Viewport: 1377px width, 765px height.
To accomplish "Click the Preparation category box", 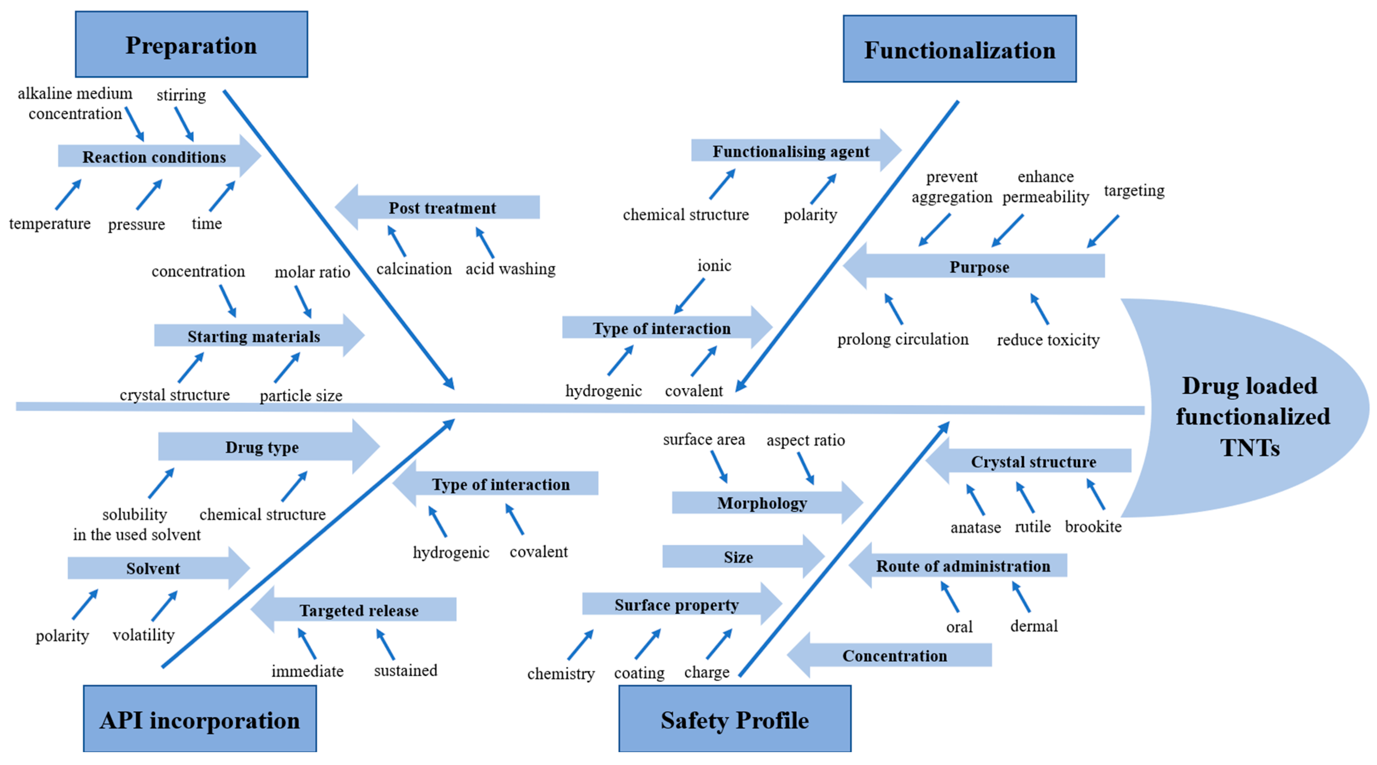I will tap(191, 45).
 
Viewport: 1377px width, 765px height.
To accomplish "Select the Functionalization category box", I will tap(959, 49).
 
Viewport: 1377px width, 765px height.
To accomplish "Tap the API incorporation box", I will tap(199, 720).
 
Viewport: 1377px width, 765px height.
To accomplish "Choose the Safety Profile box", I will tap(735, 720).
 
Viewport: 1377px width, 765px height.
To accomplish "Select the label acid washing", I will tap(510, 269).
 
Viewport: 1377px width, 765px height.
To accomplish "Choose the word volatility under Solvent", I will tap(143, 635).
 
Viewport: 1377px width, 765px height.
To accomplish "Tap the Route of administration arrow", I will tap(962, 566).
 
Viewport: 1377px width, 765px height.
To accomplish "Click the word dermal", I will tap(1033, 626).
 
